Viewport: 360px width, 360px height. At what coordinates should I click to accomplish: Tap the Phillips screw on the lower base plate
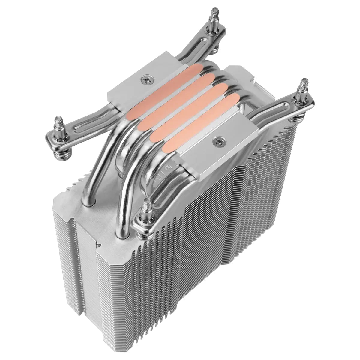tap(217, 139)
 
